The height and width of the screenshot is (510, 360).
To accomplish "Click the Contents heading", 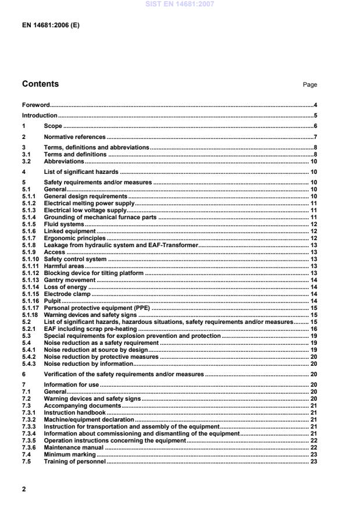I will [40, 84].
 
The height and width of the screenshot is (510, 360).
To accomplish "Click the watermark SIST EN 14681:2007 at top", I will [180, 5].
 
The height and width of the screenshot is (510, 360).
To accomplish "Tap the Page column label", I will [309, 85].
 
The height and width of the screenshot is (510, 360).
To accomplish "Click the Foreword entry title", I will [35, 105].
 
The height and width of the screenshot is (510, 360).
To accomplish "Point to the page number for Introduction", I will [315, 115].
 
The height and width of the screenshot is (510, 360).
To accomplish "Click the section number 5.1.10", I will [30, 259].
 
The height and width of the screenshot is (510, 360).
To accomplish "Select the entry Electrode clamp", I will [67, 294].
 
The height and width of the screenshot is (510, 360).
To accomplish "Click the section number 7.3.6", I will [28, 447].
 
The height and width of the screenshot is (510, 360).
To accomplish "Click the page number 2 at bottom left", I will [24, 489].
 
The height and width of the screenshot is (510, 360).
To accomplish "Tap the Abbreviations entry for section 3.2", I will [64, 161].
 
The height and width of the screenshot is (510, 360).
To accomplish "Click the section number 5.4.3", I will [28, 363].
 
